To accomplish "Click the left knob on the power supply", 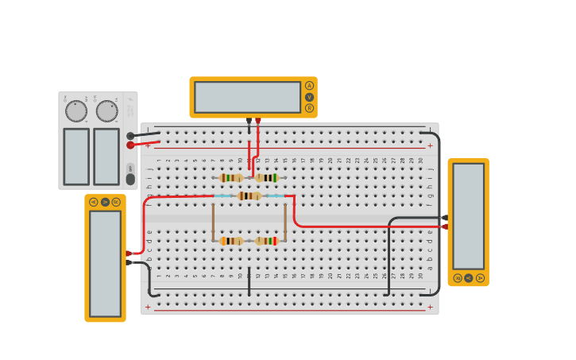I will [76, 111].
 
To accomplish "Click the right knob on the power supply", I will [106, 111].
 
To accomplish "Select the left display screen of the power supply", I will [76, 157].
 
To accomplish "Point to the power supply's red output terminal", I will [130, 145].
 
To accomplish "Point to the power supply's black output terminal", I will [130, 136].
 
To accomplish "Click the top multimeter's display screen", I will [247, 97].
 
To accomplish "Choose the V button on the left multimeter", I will [105, 202].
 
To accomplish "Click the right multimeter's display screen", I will [468, 215].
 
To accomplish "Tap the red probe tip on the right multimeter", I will [445, 226].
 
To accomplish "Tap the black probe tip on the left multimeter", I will [128, 262].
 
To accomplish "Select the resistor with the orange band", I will [230, 241].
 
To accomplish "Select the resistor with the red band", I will [267, 241].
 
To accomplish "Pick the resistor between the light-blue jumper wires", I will [249, 195].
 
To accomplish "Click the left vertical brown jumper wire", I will [213, 222].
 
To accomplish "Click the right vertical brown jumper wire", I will [285, 222].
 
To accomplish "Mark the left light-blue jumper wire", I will [223, 195].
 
